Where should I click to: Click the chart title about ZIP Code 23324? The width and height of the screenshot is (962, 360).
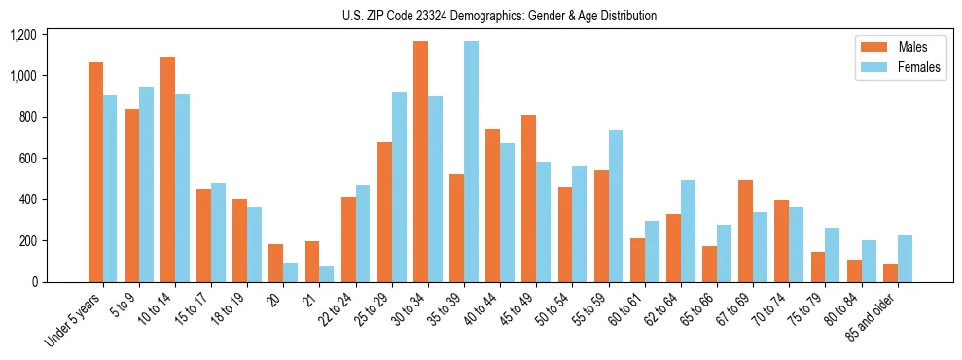pos(499,16)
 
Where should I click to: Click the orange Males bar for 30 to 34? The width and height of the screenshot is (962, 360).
pos(420,162)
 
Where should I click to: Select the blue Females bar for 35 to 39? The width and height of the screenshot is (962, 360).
pos(471,162)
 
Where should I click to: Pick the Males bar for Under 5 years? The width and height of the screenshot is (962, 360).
pos(95,172)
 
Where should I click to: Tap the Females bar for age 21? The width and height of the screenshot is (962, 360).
pos(327,274)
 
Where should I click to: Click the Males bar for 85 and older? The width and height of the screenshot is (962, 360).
pos(890,273)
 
